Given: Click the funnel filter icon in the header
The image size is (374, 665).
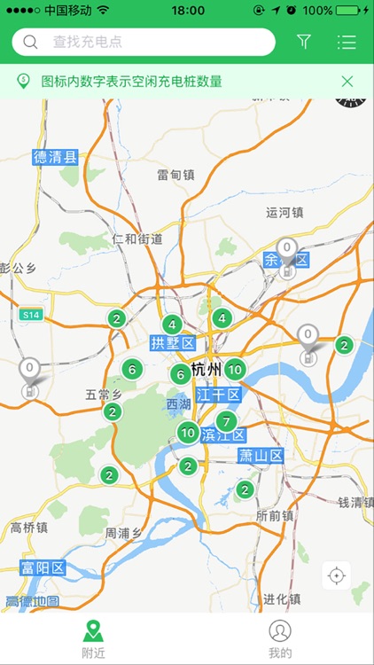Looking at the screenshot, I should (x=304, y=42).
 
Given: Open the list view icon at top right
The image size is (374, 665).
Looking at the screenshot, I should (x=347, y=42).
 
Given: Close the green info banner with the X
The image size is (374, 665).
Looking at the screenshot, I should (x=347, y=82).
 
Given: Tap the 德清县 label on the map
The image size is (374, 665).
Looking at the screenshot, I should (x=56, y=158).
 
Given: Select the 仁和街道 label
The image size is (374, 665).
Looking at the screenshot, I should (x=137, y=239).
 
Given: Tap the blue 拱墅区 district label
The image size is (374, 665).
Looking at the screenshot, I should (x=171, y=343).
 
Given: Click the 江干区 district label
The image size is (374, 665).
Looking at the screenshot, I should (x=218, y=394).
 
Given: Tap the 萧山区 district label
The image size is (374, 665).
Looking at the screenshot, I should (x=261, y=456).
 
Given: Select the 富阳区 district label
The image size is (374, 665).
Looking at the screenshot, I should (x=43, y=567).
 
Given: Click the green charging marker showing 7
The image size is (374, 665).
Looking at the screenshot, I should (x=227, y=421).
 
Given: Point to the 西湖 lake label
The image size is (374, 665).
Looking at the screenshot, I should (x=178, y=404).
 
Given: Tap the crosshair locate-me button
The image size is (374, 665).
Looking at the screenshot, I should (x=336, y=575).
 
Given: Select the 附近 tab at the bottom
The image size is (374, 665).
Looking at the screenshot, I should (x=93, y=638).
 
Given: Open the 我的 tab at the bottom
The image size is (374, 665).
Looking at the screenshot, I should (x=280, y=638).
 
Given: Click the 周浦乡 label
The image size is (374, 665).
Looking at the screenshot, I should (x=123, y=533).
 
